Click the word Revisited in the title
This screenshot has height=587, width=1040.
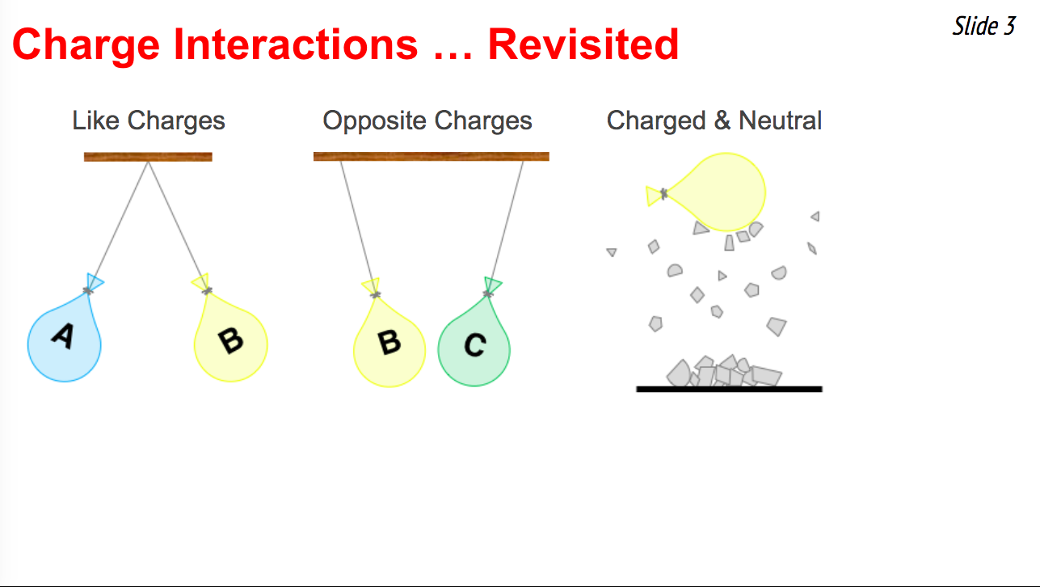pos(583,44)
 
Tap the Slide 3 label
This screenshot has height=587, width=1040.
pos(984,26)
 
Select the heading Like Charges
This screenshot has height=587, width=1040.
pos(149,120)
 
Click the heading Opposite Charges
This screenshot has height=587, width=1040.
pos(427,120)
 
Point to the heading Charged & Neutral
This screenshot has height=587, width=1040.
pos(714,120)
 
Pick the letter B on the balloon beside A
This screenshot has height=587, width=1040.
pos(231,341)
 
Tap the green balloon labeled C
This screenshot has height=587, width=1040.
pos(474,346)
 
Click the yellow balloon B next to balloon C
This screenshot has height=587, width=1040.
pos(389,346)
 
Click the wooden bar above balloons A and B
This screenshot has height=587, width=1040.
pos(148,157)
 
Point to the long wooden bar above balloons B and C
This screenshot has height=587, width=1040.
pos(432,157)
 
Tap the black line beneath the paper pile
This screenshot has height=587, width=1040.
pos(729,389)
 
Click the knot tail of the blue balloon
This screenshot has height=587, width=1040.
pos(95,282)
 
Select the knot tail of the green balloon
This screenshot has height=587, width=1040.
pos(492,285)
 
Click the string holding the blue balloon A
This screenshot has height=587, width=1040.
pos(118,226)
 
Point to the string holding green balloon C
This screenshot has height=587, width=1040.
pos(506,227)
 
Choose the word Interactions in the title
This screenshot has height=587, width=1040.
pos(296,44)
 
